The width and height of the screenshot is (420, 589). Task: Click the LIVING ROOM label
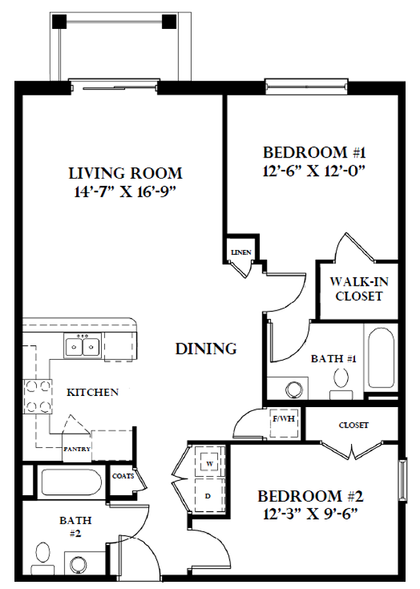coord(125,174)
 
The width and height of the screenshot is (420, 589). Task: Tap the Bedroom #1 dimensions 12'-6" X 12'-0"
coord(313,171)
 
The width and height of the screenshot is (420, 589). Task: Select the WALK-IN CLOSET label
coord(358,289)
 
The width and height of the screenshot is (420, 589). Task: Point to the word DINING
coord(206,349)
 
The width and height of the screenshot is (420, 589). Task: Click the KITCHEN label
coord(93,393)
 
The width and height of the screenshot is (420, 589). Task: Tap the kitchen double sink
coord(82,345)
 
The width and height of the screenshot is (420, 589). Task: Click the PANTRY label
coord(77,449)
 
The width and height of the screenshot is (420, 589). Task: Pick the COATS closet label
coord(123,476)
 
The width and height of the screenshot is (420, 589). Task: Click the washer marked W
coord(209,462)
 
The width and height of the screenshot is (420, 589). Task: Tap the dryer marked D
coord(209,496)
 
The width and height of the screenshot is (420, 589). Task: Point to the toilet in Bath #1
coord(341,378)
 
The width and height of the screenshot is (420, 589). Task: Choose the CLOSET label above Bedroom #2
coord(353,425)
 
